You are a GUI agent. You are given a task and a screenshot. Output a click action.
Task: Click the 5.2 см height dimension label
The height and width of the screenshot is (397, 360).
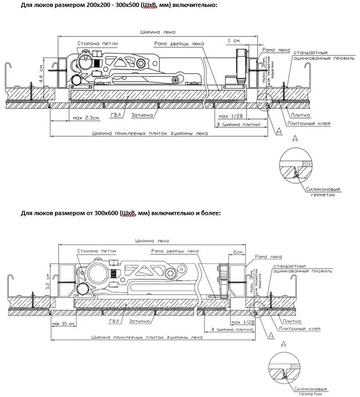[48, 280]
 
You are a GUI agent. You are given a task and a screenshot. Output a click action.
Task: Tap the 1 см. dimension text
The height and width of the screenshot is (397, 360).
[233, 41]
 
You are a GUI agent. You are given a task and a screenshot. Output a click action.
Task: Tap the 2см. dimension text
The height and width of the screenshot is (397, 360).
[238, 252]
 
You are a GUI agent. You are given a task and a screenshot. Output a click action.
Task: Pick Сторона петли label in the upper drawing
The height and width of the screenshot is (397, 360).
[98, 43]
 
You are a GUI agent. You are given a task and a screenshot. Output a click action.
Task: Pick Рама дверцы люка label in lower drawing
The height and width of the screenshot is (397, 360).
[175, 251]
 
